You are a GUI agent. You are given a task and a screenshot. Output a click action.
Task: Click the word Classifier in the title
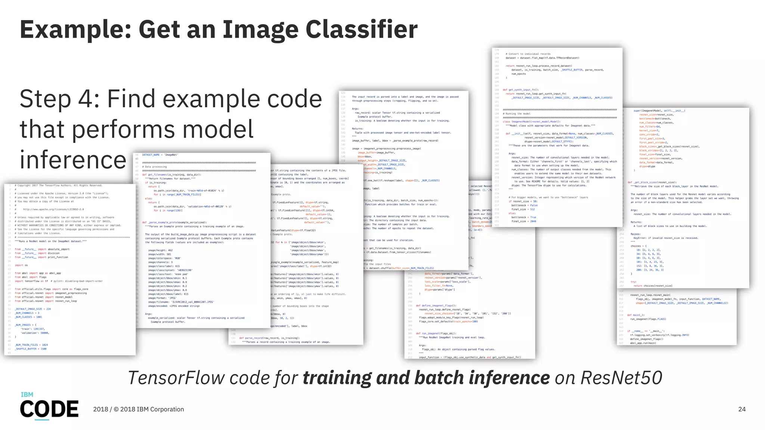point(361,29)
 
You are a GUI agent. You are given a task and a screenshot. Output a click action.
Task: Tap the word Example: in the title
point(75,29)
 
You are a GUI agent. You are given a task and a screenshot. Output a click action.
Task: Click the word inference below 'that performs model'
point(73,160)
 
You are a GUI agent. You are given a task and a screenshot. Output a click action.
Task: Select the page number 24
point(742,409)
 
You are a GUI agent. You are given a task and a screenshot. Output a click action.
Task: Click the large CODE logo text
point(49,409)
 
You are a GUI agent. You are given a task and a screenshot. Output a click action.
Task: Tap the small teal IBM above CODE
point(27,395)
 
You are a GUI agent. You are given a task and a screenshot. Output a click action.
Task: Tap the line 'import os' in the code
point(21,265)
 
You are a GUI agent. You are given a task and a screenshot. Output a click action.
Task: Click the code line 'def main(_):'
point(635,315)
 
